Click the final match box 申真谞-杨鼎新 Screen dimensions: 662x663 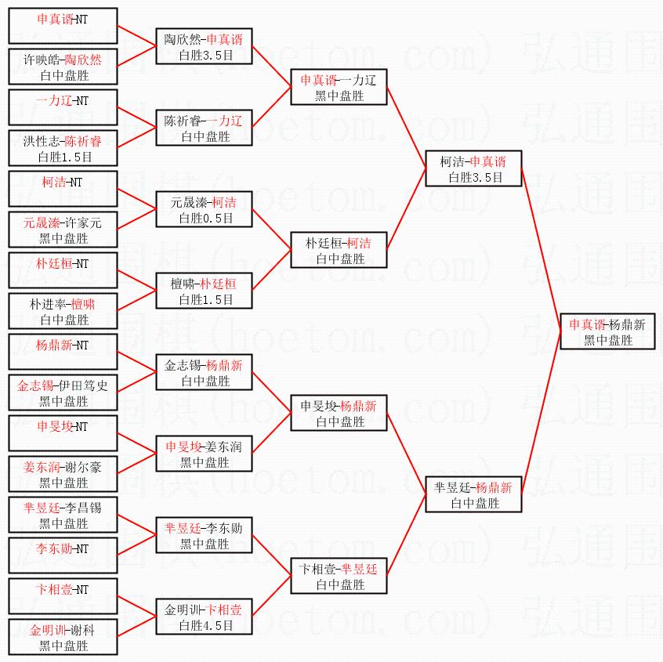tap(607, 331)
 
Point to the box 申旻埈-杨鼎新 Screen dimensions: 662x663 tap(339, 414)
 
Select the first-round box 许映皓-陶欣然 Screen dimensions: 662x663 tap(63, 67)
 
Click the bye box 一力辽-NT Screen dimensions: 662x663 tap(63, 107)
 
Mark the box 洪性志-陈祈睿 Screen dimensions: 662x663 tap(63, 148)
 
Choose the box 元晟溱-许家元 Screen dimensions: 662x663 tap(63, 230)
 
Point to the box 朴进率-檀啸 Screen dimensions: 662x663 tap(63, 311)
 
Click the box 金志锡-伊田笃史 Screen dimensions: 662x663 tap(63, 392)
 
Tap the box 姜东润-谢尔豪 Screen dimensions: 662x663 tap(63, 474)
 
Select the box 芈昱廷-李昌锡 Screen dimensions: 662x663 tap(63, 515)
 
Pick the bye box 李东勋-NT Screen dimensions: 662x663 tap(63, 555)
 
